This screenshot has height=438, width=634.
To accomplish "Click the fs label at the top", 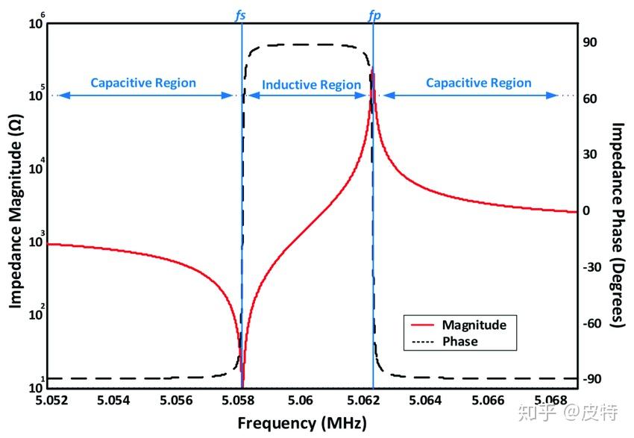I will point(241,14).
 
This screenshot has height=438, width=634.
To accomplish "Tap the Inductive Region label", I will point(311,85).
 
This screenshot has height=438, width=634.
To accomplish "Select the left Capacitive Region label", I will point(143,83).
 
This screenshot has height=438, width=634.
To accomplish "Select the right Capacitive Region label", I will point(479,83).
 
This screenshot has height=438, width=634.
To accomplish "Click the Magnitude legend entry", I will point(474,325).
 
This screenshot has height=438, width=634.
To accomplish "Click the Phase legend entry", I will point(459,342).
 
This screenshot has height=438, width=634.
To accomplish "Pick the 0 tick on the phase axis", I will point(586,210).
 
